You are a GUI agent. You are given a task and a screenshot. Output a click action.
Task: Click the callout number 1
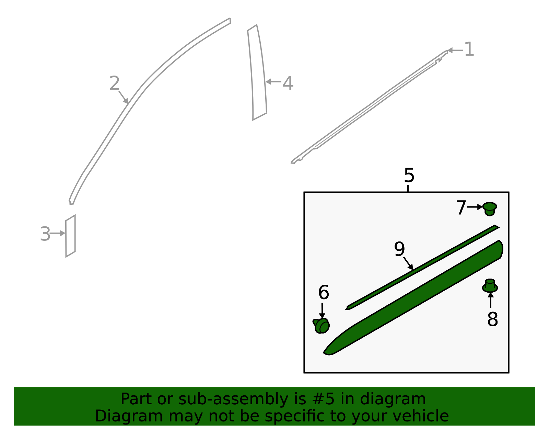(469, 49)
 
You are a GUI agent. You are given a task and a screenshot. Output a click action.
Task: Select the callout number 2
(115, 83)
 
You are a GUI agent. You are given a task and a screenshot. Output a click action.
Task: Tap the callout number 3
(46, 234)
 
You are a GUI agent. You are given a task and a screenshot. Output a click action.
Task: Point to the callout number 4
(288, 83)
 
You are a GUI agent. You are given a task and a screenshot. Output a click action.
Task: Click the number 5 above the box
(409, 175)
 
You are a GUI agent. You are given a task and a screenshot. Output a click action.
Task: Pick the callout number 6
(324, 292)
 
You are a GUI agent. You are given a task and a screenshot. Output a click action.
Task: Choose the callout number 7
(461, 207)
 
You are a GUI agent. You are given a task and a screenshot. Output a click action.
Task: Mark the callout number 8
(493, 319)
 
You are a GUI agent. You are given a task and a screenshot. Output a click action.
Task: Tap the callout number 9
(399, 249)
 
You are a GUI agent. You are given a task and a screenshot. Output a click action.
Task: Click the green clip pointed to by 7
(490, 209)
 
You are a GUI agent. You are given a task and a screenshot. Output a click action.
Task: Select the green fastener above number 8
(490, 286)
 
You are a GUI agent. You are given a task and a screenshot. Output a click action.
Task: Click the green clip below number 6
(322, 326)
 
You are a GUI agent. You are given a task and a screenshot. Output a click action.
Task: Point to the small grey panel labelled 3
(70, 236)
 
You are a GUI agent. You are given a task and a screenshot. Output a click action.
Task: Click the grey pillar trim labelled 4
(257, 72)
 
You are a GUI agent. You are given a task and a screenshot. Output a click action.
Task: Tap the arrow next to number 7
(475, 207)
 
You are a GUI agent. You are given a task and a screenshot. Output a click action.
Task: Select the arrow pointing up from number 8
(491, 300)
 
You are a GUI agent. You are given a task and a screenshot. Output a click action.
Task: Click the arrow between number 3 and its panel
(58, 233)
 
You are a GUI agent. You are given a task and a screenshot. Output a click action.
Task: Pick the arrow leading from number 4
(273, 82)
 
